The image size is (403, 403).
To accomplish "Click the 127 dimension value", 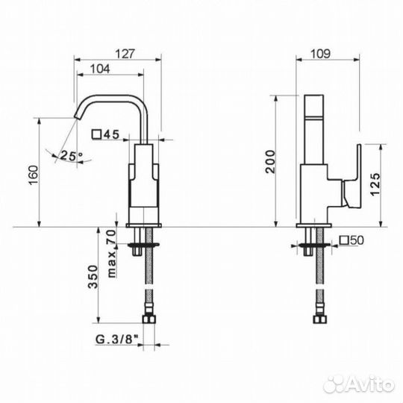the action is tap(125, 54).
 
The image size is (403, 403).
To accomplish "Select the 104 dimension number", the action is tap(100, 69).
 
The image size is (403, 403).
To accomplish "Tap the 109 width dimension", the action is tap(320, 54).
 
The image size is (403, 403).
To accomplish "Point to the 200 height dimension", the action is tap(270, 162).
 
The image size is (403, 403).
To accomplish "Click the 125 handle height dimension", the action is tap(375, 184).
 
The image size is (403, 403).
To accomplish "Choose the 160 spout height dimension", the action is tap(34, 175).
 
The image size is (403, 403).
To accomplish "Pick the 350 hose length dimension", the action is tap(93, 277).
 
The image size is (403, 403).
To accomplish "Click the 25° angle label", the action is tap(71, 155).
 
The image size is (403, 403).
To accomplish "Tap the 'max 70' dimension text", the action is tap(111, 254).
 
